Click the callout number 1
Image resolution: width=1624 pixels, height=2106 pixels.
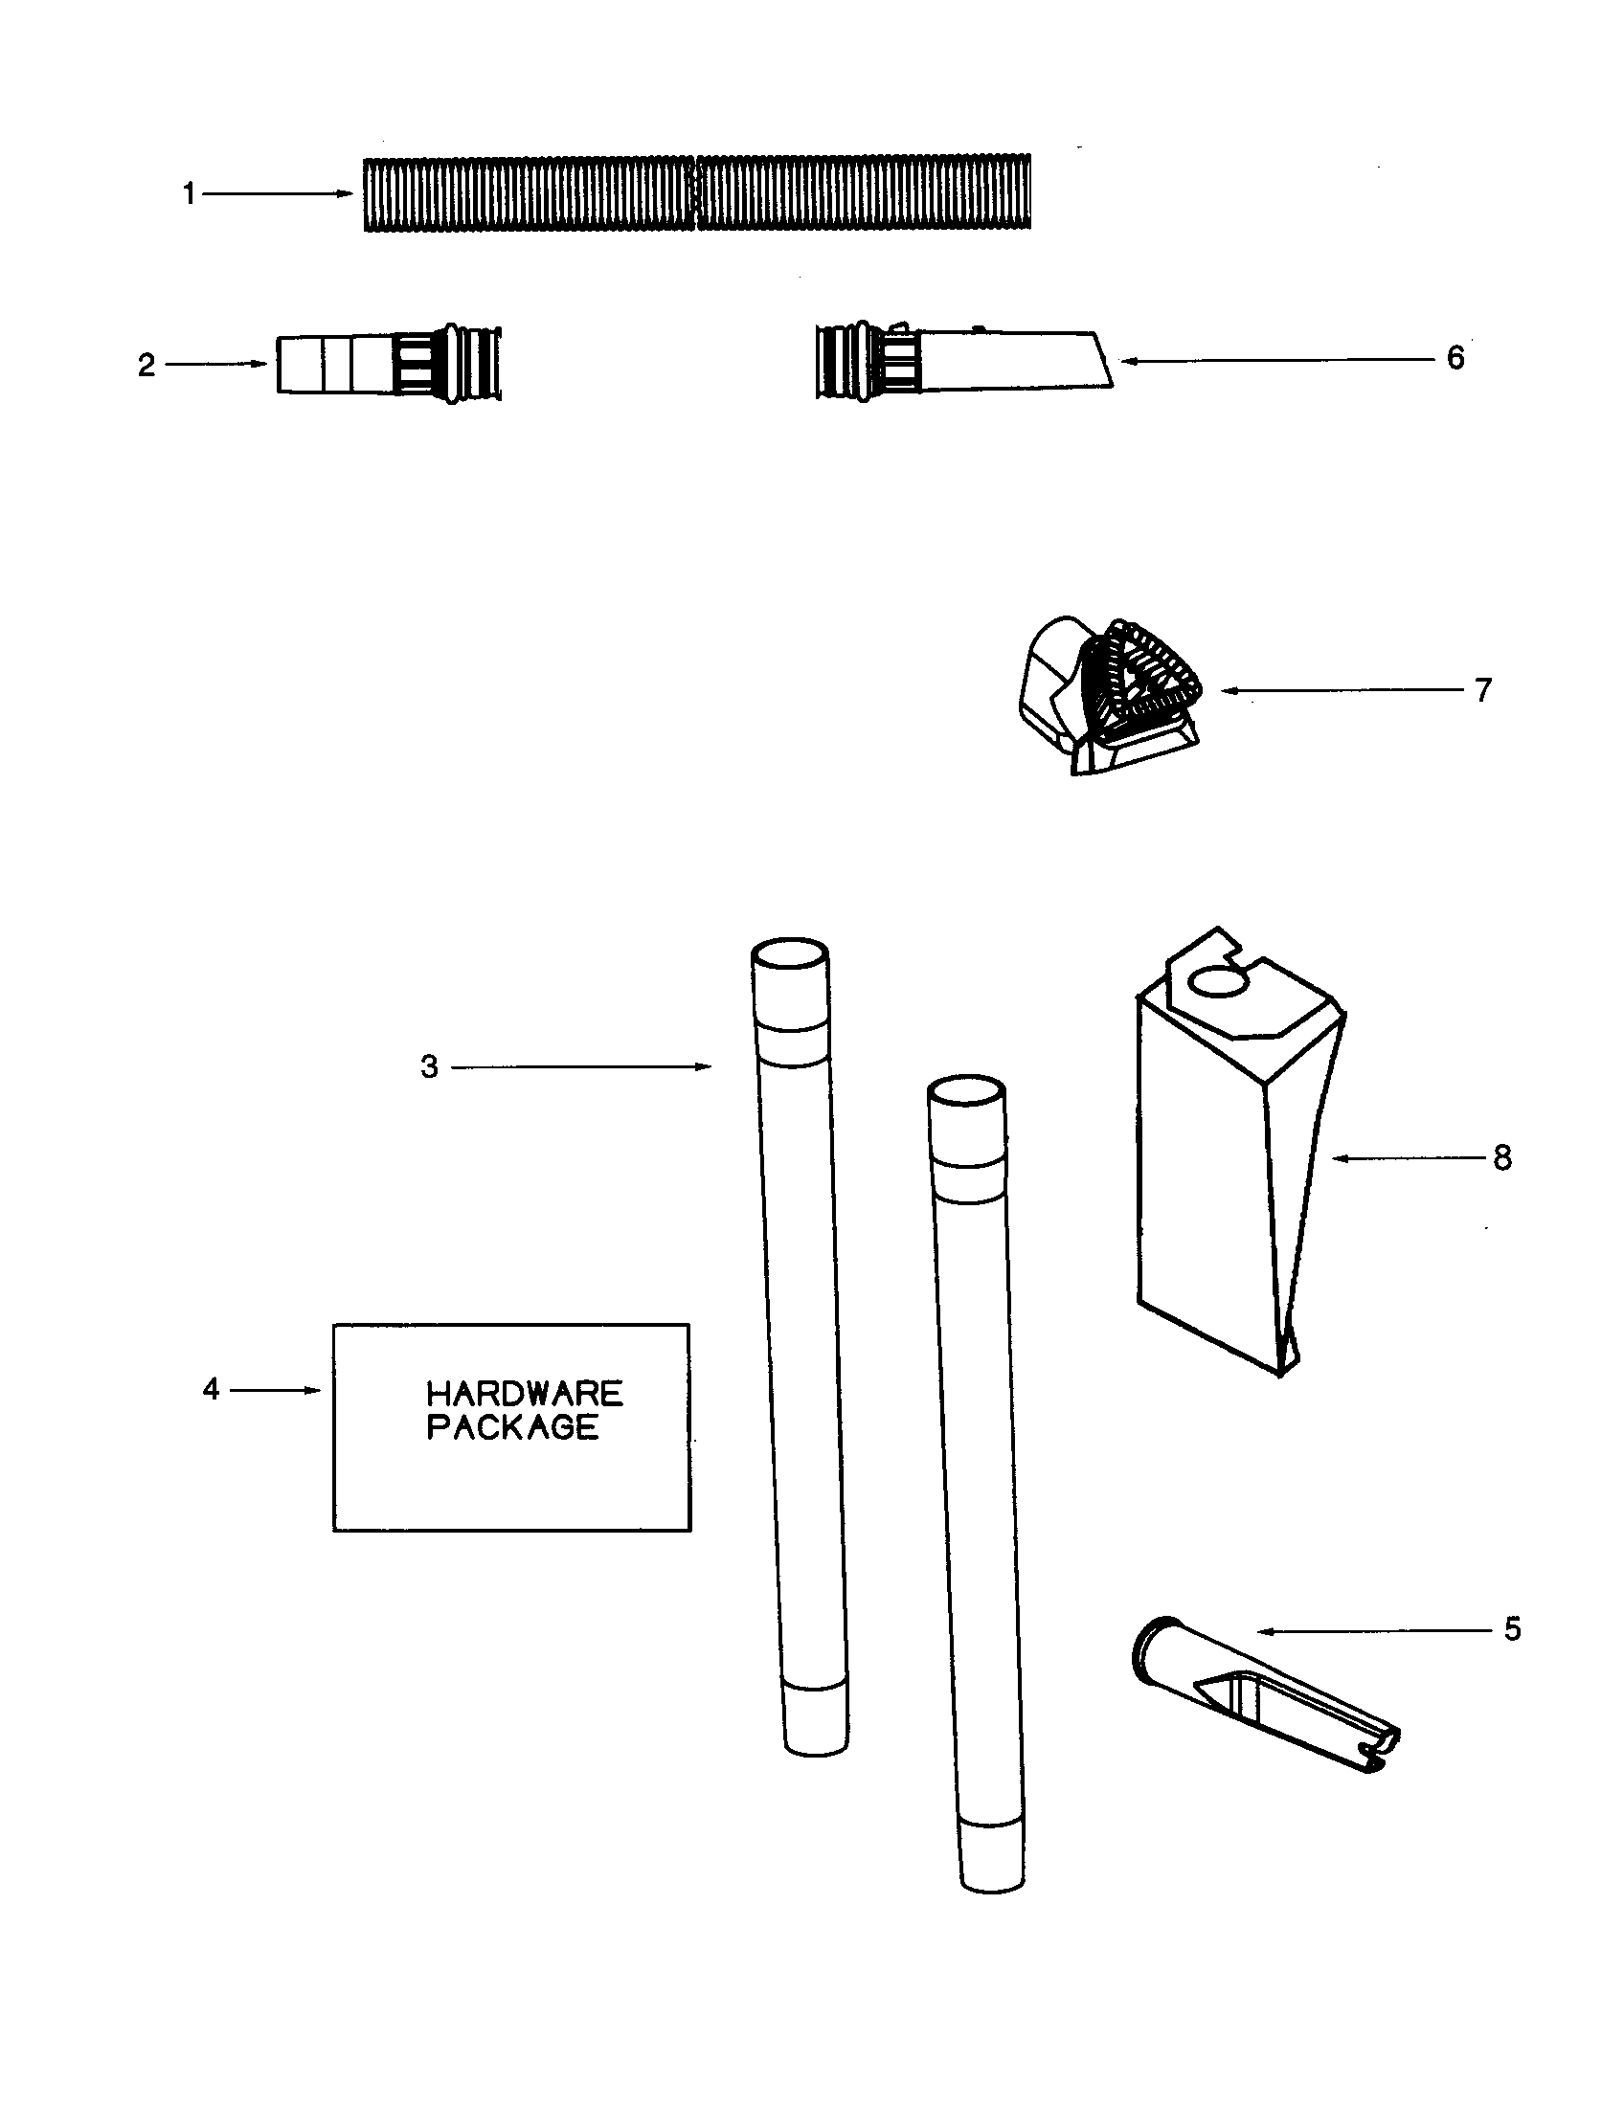click(189, 194)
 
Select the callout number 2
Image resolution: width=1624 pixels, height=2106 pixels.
click(147, 366)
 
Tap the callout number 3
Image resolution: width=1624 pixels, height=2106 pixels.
click(429, 1067)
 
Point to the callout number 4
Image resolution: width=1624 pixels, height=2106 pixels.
click(212, 1390)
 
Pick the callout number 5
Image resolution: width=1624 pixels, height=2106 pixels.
click(1512, 1629)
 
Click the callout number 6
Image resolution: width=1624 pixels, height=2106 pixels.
click(1455, 359)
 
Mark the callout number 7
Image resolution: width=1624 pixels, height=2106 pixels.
click(1483, 690)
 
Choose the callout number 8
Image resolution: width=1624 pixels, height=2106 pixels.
click(1502, 1158)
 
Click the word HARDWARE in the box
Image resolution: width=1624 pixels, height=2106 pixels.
click(525, 1394)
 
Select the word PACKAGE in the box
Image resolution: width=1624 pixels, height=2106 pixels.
click(512, 1427)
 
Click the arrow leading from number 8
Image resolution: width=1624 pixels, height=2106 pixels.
click(1408, 1158)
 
